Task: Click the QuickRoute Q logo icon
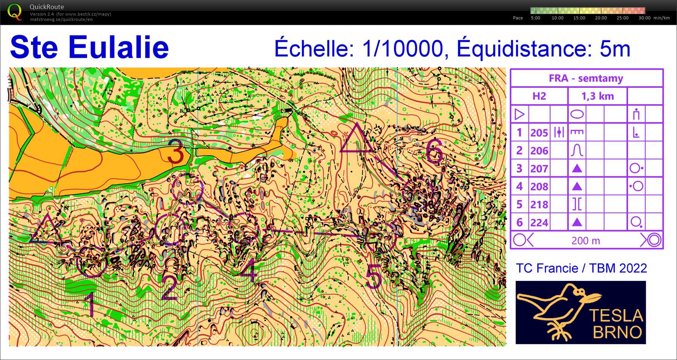pyautogui.click(x=14, y=12)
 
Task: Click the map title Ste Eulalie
pyautogui.click(x=89, y=47)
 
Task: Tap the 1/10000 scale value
pyautogui.click(x=402, y=49)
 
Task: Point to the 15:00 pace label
pyautogui.click(x=579, y=18)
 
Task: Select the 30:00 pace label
pyautogui.click(x=644, y=18)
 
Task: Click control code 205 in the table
pyautogui.click(x=539, y=133)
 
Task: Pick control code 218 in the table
pyautogui.click(x=539, y=205)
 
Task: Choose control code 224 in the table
pyautogui.click(x=539, y=222)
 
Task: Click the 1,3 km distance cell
pyautogui.click(x=597, y=96)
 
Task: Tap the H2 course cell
pyautogui.click(x=539, y=96)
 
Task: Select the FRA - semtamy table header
pyautogui.click(x=586, y=78)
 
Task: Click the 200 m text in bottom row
pyautogui.click(x=585, y=241)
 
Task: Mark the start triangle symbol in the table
pyautogui.click(x=519, y=114)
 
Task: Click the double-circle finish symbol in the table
pyautogui.click(x=654, y=240)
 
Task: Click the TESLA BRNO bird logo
pyautogui.click(x=580, y=312)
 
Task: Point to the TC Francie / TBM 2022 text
pyautogui.click(x=581, y=268)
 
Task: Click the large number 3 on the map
pyautogui.click(x=176, y=152)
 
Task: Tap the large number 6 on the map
pyautogui.click(x=434, y=151)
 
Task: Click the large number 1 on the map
pyautogui.click(x=90, y=304)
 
